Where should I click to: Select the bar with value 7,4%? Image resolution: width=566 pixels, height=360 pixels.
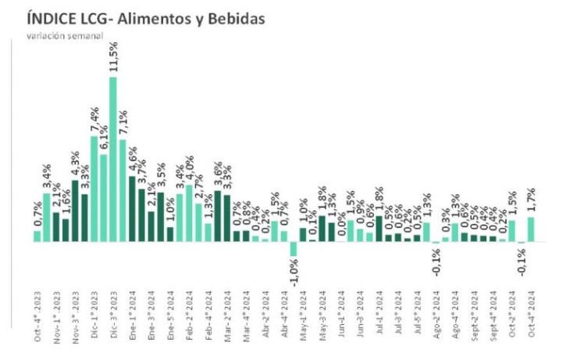click(94, 188)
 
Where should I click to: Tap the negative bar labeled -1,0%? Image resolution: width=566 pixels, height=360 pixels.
click(294, 248)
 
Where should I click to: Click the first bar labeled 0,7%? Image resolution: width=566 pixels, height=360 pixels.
click(37, 236)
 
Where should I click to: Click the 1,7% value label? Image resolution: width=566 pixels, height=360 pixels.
click(531, 201)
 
